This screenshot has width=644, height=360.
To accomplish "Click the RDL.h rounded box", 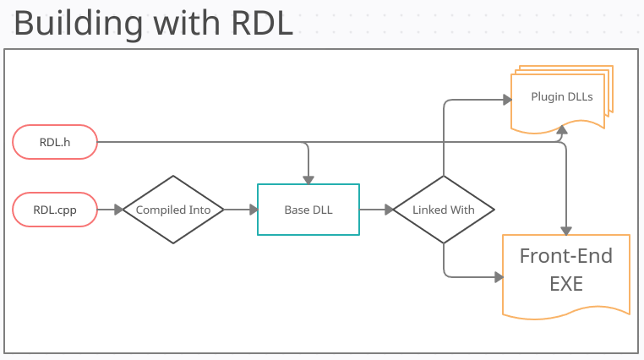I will pyautogui.click(x=55, y=142).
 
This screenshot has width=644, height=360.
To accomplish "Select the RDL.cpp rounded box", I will pyautogui.click(x=55, y=210).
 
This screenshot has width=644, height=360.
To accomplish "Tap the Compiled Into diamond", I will pyautogui.click(x=173, y=210).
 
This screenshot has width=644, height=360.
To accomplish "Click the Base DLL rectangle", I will pyautogui.click(x=308, y=210).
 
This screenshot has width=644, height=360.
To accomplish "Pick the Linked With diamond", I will pyautogui.click(x=443, y=210).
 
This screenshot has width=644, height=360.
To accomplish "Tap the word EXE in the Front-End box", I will pyautogui.click(x=565, y=284).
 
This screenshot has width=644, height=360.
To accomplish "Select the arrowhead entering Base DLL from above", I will pyautogui.click(x=308, y=178).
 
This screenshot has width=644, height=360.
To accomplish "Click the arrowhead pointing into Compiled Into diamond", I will pyautogui.click(x=117, y=210).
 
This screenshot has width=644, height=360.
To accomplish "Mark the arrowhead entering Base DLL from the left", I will pyautogui.click(x=253, y=210).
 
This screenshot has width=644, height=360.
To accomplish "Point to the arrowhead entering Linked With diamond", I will pyautogui.click(x=388, y=210).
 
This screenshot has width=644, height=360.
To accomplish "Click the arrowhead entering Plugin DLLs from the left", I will pyautogui.click(x=507, y=100).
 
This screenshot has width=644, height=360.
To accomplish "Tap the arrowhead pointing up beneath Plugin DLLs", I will pyautogui.click(x=564, y=128).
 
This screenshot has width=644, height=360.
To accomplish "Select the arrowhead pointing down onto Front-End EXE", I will pyautogui.click(x=565, y=229).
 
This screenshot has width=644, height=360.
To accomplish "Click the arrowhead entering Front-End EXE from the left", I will pyautogui.click(x=497, y=276).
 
